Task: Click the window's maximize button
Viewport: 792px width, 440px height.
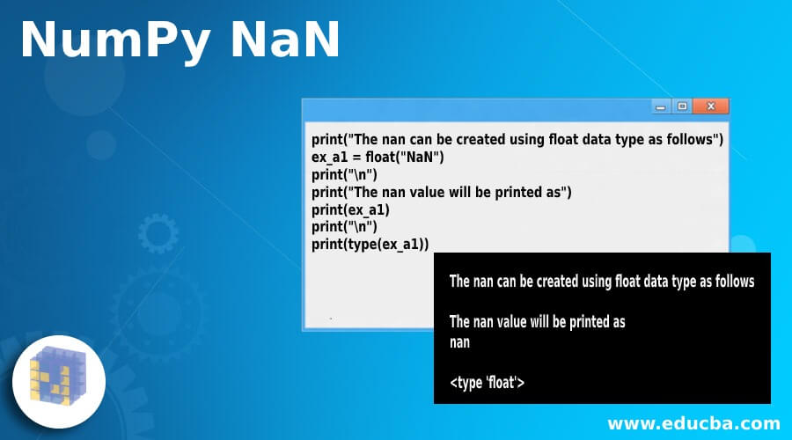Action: click(x=682, y=106)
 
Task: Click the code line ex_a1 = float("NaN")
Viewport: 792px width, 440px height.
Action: click(x=378, y=158)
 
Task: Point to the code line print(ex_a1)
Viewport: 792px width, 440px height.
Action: click(x=350, y=209)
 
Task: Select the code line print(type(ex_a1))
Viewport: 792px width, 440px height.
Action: click(x=370, y=245)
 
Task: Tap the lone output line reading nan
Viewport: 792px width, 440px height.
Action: click(x=459, y=342)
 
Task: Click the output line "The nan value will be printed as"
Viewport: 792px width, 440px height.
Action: click(x=537, y=321)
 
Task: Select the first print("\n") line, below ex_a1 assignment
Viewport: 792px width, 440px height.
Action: click(x=338, y=174)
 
